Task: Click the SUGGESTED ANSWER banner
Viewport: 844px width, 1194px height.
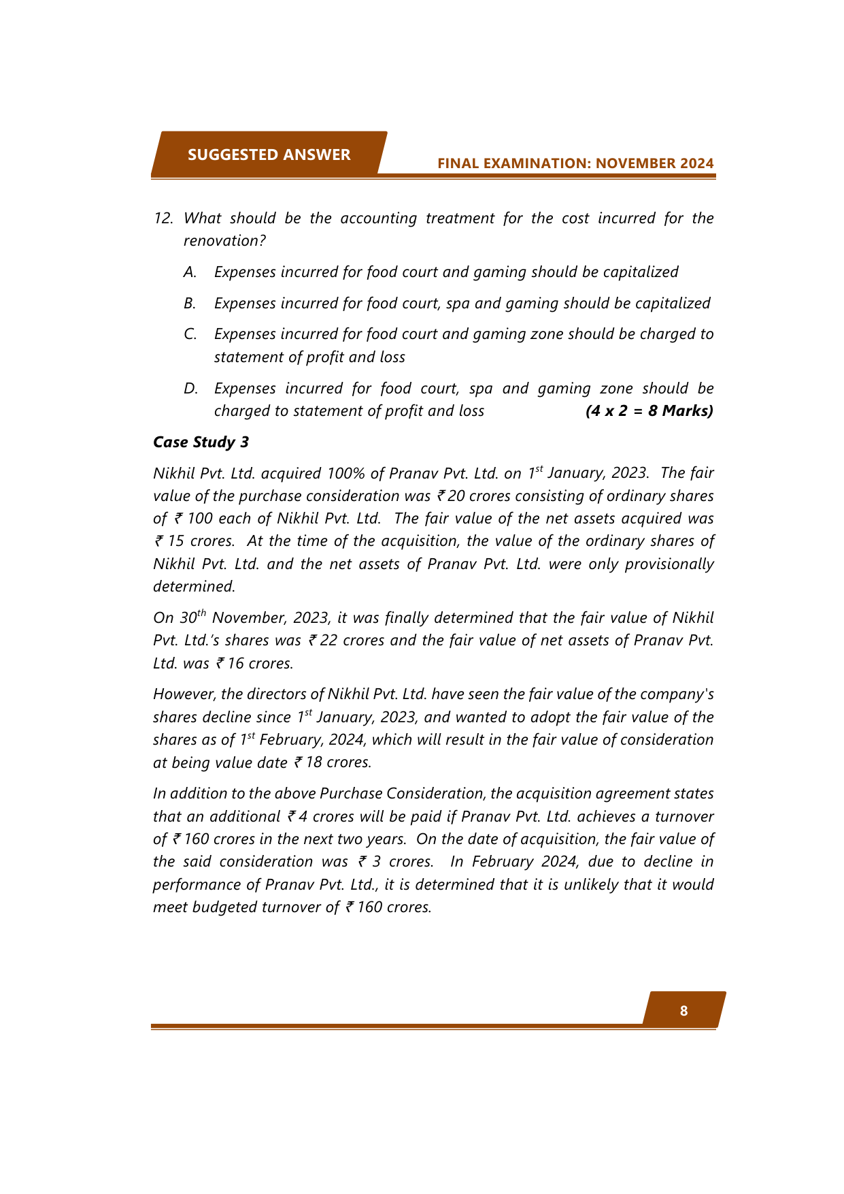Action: (x=269, y=155)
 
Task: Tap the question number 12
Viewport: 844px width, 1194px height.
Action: (x=163, y=218)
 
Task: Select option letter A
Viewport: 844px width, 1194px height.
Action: (x=190, y=272)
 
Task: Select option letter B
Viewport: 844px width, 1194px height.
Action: (x=190, y=303)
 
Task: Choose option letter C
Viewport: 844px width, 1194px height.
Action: (x=190, y=334)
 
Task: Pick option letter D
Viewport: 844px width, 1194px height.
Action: (x=190, y=388)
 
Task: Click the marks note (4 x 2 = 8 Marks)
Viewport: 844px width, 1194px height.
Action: (x=649, y=410)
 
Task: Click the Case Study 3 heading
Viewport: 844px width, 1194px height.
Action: (x=201, y=442)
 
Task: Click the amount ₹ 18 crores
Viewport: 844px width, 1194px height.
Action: (x=333, y=762)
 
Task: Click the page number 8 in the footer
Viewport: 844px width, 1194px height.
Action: (x=683, y=1011)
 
